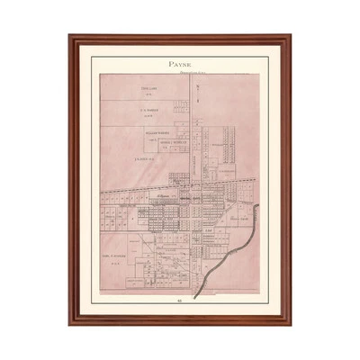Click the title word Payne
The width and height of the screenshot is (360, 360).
(180, 65)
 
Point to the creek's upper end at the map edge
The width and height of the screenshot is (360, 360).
(258, 206)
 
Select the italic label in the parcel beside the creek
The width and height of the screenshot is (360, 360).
(238, 219)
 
